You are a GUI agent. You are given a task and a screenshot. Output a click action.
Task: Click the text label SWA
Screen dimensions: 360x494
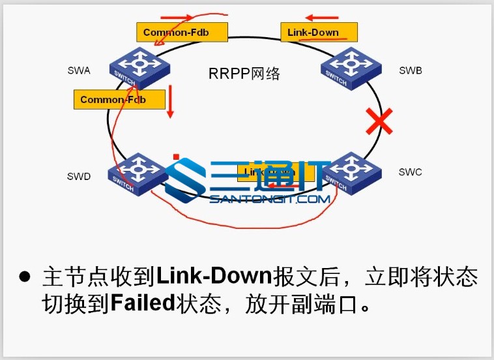coord(79,70)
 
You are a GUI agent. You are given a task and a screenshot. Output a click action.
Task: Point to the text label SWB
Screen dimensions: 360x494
coord(411,70)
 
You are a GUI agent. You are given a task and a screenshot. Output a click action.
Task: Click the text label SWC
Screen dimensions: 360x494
coord(411,172)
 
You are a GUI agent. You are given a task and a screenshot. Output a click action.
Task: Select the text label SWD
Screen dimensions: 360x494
coord(79,176)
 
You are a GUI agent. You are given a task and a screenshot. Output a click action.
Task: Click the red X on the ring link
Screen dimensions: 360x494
coord(379,121)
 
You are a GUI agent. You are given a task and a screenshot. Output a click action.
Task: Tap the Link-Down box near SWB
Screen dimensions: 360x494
coord(319,32)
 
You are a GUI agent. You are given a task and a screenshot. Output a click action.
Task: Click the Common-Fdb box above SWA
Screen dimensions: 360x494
coord(181,32)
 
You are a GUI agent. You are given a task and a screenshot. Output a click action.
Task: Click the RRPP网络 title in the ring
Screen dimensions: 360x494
coord(244,74)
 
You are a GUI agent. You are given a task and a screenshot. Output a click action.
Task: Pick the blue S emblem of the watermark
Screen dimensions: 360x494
coord(184,179)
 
